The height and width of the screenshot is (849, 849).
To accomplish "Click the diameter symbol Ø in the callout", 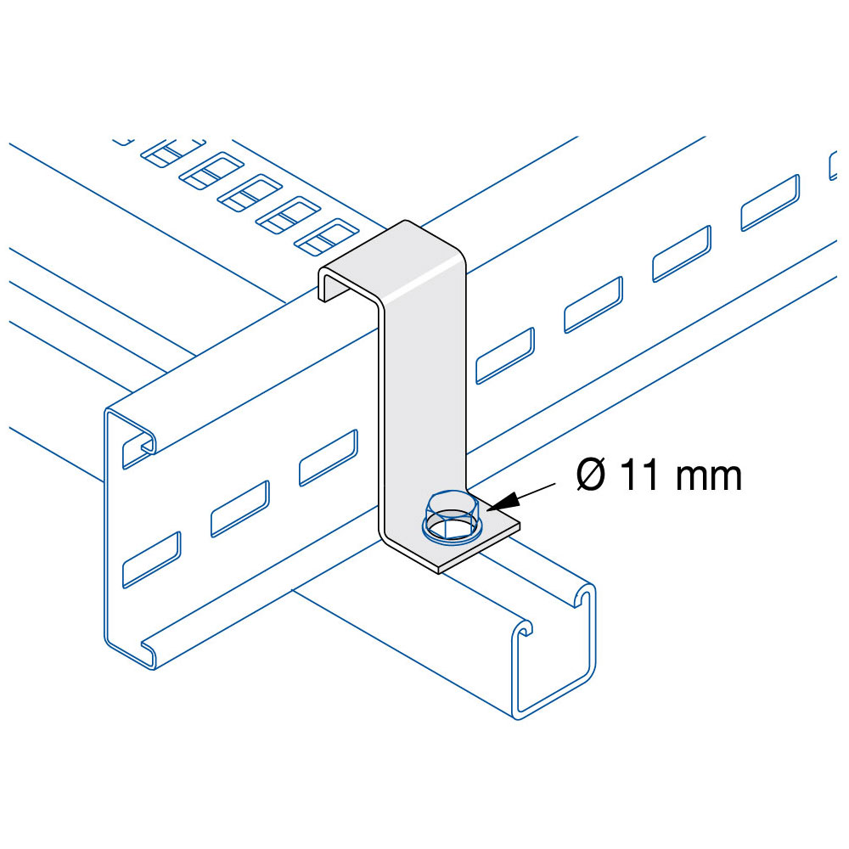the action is [x=591, y=475].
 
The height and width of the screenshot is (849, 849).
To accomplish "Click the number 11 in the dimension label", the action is [x=640, y=475].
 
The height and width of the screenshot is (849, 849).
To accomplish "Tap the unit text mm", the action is [x=709, y=478].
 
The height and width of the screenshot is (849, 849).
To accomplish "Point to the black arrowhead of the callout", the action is [x=503, y=502].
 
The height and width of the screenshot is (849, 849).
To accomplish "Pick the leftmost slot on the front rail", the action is [x=151, y=559].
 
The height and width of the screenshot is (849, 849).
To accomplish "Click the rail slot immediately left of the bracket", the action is [x=328, y=458].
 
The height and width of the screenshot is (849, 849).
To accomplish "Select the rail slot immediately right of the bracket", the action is [x=505, y=356].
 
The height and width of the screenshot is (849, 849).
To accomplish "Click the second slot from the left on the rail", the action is [x=240, y=509].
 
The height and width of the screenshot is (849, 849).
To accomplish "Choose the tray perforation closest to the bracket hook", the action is [x=327, y=237].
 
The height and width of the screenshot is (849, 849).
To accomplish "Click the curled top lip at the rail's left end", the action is [x=140, y=439].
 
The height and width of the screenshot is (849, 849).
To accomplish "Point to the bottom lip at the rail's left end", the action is [x=147, y=652].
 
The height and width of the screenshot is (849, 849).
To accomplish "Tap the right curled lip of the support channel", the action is [x=584, y=596].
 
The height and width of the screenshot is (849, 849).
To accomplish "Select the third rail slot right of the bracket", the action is [x=682, y=254].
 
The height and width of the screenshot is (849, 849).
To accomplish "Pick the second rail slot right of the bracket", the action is [x=593, y=305].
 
